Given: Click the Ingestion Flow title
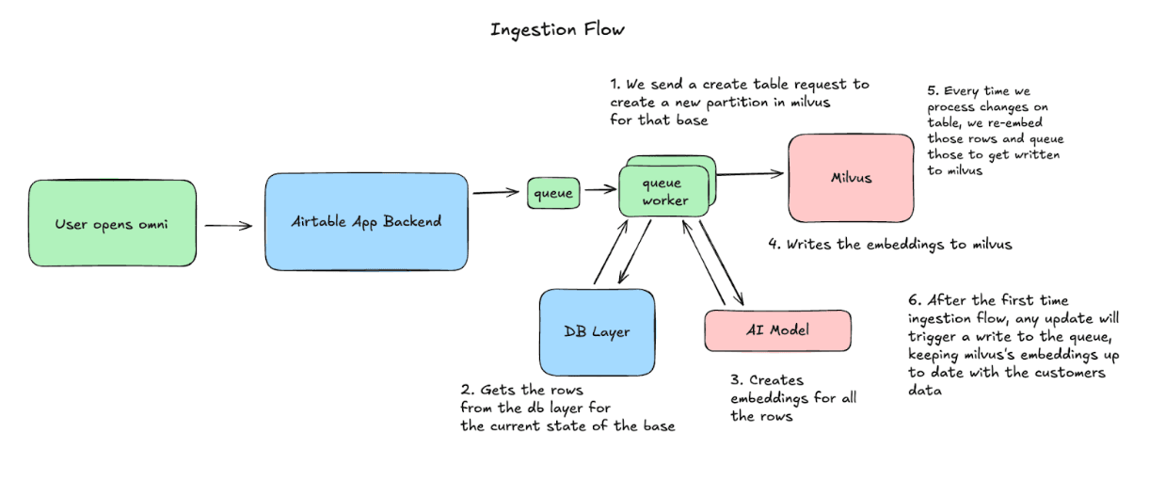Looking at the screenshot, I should click(x=557, y=29).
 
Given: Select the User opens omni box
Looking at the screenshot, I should click(x=112, y=223).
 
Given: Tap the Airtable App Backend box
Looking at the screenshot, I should click(x=366, y=221).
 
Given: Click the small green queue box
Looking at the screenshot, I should click(x=552, y=193).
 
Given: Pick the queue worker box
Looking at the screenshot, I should click(x=662, y=191).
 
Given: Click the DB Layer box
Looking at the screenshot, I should click(x=597, y=330).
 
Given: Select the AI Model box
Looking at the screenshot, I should click(x=777, y=330).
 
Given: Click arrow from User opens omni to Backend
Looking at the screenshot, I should click(x=229, y=225).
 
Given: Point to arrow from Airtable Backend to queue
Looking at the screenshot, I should click(x=496, y=193).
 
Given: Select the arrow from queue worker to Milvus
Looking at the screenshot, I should click(x=750, y=172).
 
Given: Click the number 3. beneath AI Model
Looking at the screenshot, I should click(x=736, y=380).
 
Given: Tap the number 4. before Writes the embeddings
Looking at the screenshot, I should click(x=774, y=245).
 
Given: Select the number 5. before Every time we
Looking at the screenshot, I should click(x=932, y=91).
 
